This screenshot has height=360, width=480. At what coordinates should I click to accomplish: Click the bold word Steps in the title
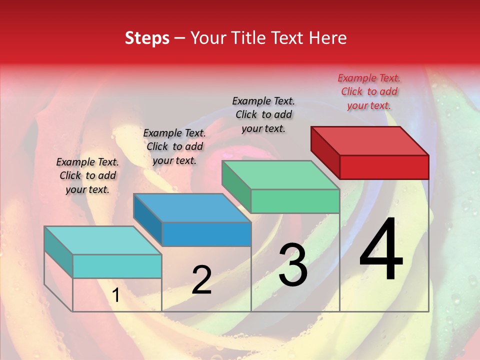click(x=147, y=38)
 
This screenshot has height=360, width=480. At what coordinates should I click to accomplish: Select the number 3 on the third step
click(x=293, y=264)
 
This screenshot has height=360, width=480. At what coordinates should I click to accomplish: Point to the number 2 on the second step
click(x=201, y=280)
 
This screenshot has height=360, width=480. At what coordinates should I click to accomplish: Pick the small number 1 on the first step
click(x=116, y=295)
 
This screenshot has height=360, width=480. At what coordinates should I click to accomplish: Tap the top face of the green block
click(x=280, y=175)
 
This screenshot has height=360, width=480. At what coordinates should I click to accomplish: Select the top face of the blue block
click(x=192, y=207)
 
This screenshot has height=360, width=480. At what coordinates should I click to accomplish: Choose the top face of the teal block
click(x=102, y=240)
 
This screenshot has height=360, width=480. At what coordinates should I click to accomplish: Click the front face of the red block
click(x=384, y=167)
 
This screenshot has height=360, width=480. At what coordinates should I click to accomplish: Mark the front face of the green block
click(x=295, y=201)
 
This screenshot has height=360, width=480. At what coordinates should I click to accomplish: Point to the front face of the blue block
click(x=206, y=234)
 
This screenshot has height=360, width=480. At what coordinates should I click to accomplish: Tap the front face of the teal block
click(x=117, y=266)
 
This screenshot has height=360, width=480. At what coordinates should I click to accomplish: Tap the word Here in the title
click(x=328, y=38)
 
